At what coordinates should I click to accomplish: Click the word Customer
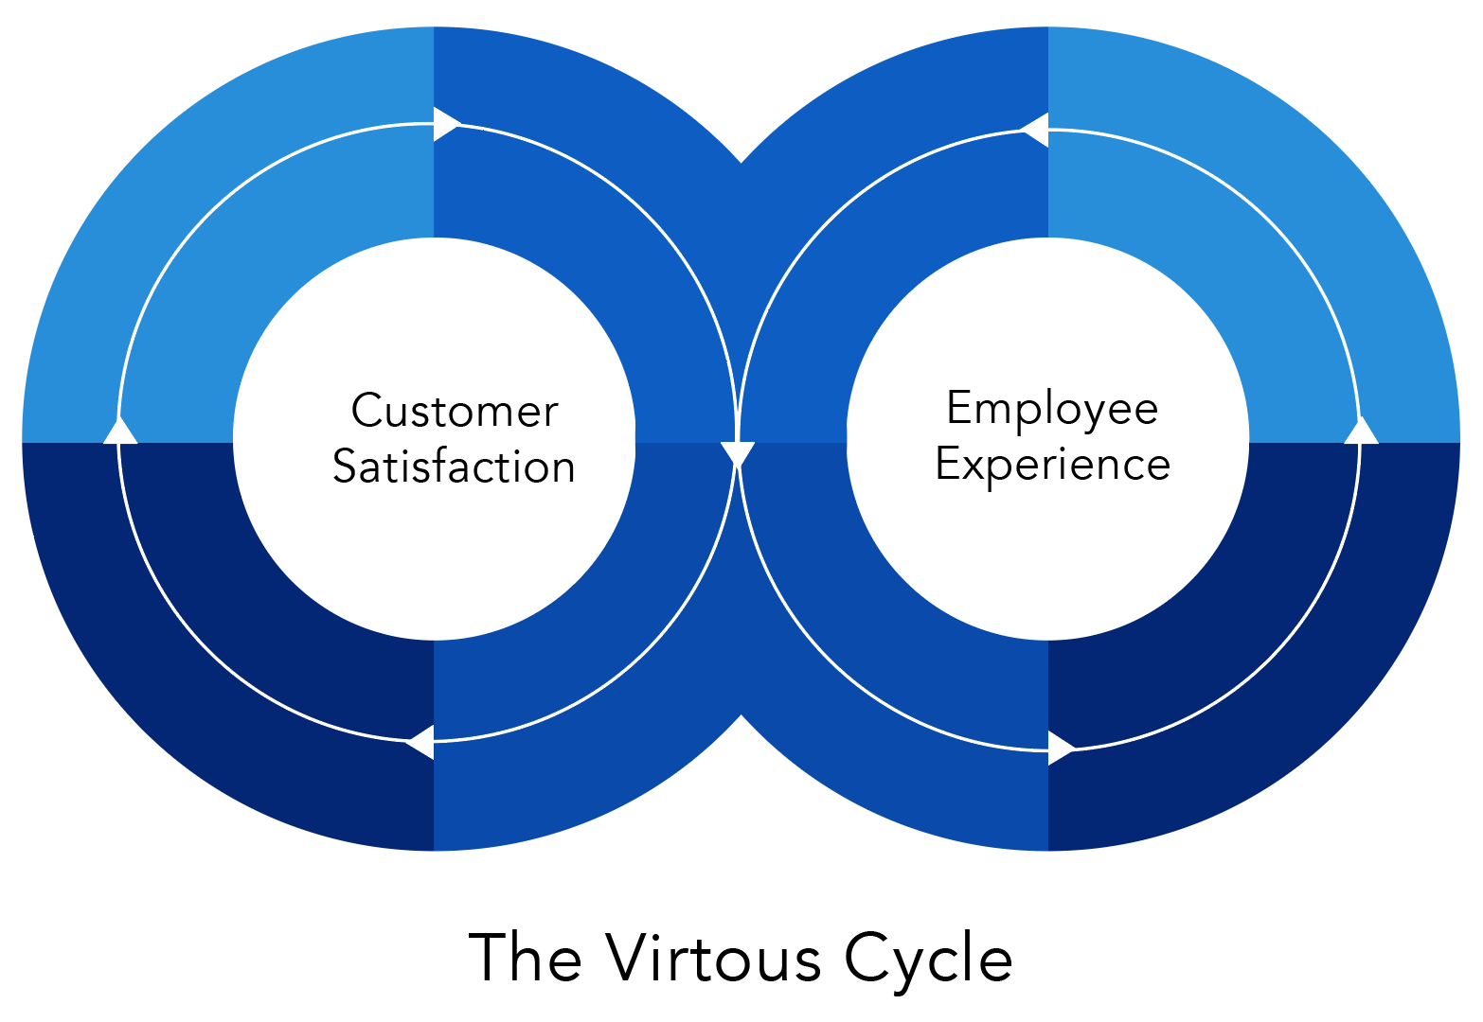point(455,411)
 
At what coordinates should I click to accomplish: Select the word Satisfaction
point(454,467)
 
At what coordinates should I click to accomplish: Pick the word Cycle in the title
point(928,962)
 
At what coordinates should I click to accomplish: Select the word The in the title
point(525,957)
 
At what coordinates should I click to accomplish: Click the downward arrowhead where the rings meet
point(737,455)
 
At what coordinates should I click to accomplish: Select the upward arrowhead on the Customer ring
point(120,430)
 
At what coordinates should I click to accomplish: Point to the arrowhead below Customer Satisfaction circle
point(420,742)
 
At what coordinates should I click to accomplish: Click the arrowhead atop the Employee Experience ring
point(1034,131)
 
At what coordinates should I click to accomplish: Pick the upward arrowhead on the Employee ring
point(1361,430)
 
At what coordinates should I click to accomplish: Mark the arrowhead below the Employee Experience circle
point(1062,749)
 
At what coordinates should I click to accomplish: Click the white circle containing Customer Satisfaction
point(435,438)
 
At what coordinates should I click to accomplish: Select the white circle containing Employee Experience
point(1048,438)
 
